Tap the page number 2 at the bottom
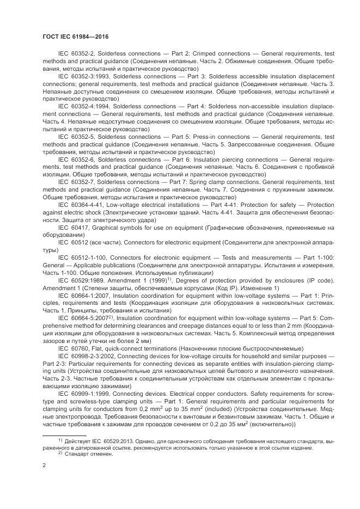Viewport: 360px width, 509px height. point(44,465)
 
